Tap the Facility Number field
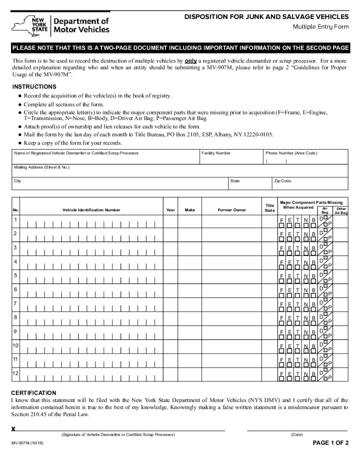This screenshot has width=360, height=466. click(x=231, y=159)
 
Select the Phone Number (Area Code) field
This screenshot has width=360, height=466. click(x=305, y=159)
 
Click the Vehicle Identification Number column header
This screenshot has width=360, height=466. click(x=91, y=210)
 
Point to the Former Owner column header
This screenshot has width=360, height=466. click(x=232, y=210)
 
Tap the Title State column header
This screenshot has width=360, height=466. click(x=269, y=208)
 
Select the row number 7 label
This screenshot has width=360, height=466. click(x=16, y=303)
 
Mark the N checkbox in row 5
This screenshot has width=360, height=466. click(x=305, y=281)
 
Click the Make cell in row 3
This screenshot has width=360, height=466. click(x=190, y=249)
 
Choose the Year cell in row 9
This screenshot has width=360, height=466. click(x=171, y=332)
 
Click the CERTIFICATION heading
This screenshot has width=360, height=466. click(x=34, y=393)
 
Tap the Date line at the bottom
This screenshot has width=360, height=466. click(x=297, y=430)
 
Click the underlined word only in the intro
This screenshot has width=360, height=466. click(x=191, y=61)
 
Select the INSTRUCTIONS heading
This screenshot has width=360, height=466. click(x=34, y=87)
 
